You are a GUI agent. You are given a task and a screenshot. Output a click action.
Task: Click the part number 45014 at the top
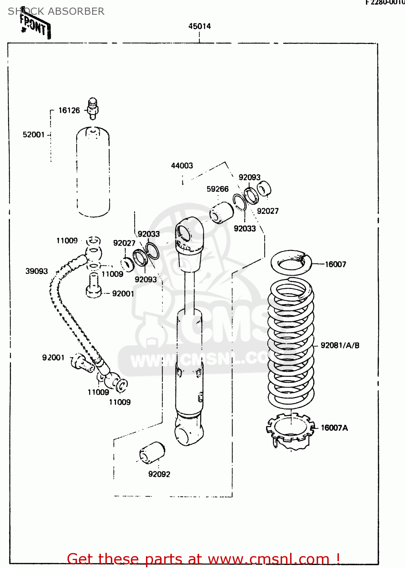tap(199, 26)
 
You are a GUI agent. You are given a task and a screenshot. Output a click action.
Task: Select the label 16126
tap(69, 110)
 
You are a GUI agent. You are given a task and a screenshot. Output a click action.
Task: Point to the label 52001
tap(34, 135)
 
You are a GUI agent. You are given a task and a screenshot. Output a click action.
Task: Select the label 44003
tap(182, 165)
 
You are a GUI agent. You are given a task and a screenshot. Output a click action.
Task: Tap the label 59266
tap(217, 189)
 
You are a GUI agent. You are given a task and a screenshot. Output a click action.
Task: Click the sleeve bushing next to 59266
tap(221, 213)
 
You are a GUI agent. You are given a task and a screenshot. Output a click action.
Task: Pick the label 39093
tap(36, 271)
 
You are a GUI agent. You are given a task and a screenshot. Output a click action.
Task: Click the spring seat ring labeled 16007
tap(291, 262)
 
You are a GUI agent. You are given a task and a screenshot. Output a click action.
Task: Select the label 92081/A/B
tap(340, 345)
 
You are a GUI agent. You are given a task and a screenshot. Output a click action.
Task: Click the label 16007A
tap(334, 428)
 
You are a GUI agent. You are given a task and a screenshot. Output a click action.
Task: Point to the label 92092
tap(159, 474)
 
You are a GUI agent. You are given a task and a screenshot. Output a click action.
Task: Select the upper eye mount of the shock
tap(189, 232)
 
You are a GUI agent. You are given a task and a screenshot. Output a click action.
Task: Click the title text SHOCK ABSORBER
tap(56, 11)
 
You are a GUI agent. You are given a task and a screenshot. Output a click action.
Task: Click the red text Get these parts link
tap(203, 559)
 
